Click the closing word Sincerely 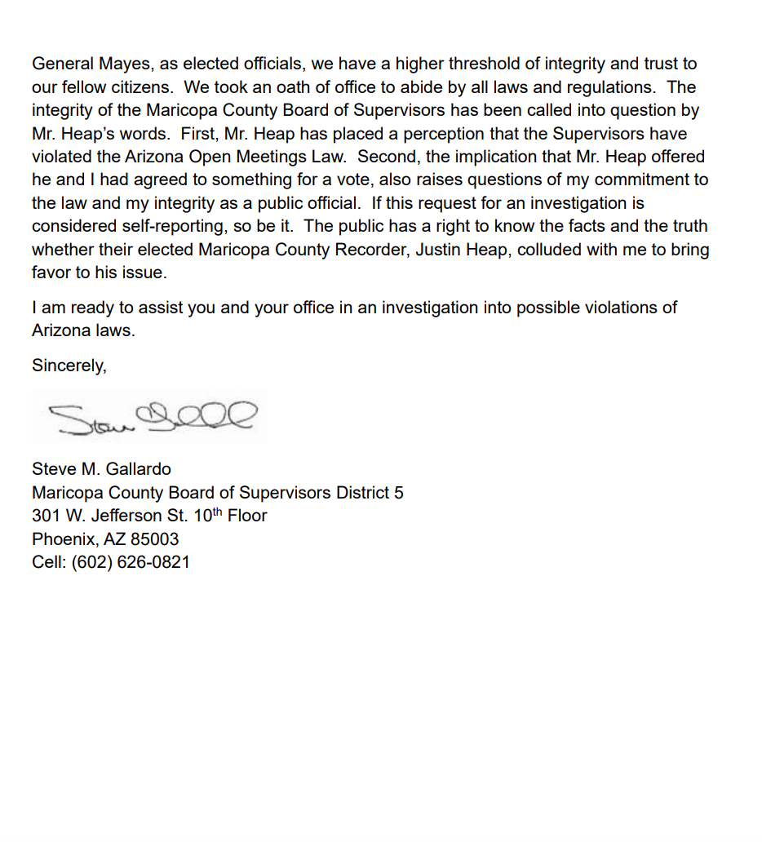69,366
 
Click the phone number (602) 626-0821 131,562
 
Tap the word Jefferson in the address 127,516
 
